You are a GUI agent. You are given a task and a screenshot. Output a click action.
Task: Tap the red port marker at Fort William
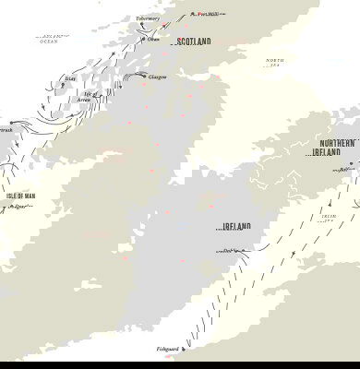(x=193, y=14)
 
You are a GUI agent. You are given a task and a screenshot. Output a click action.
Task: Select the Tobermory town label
(x=148, y=18)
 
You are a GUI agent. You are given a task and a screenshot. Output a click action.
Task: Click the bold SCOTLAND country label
(x=192, y=42)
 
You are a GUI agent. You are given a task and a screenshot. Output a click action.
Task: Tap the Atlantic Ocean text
(x=57, y=39)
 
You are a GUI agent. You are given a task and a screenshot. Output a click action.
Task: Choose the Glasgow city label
(x=157, y=77)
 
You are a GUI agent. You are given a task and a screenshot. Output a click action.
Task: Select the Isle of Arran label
(x=89, y=96)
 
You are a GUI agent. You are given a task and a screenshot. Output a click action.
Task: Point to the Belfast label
(x=344, y=170)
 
